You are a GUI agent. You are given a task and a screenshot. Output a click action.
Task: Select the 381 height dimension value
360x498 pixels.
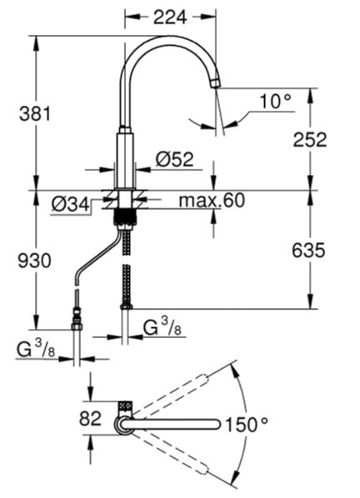(x=35, y=114)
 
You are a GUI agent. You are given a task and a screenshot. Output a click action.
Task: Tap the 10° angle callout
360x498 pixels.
(x=275, y=102)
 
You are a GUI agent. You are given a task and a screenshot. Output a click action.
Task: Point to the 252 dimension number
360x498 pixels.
(x=310, y=140)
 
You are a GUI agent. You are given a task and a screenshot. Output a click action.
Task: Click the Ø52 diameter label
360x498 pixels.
(x=175, y=159)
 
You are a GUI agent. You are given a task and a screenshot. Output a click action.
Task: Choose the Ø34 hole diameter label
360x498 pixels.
(x=71, y=205)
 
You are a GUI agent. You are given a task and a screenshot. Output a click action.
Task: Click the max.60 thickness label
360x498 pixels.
(x=212, y=201)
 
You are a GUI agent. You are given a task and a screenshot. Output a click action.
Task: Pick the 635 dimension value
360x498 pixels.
(x=308, y=250)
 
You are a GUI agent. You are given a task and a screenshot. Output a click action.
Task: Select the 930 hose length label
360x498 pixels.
(x=34, y=261)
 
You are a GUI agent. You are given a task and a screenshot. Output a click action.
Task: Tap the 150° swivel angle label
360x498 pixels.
(x=247, y=425)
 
